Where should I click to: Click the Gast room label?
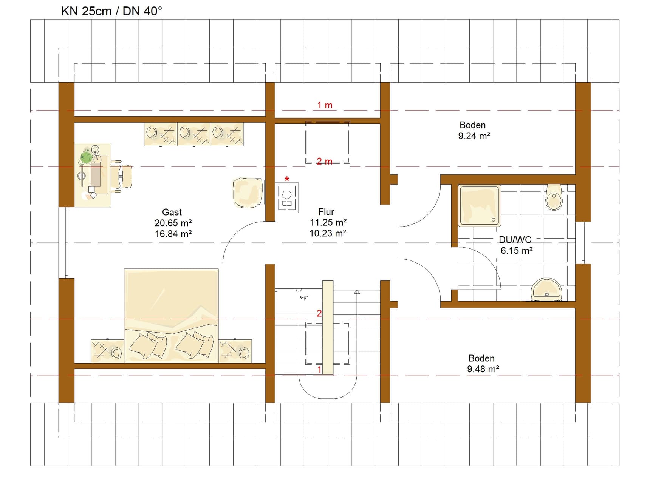pos(172,212)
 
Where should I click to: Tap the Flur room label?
pos(326,212)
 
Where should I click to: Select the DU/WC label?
pos(515,239)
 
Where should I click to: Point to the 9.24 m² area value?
pos(474,136)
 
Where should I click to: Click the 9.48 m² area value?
pos(483,369)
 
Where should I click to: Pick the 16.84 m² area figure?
pos(173,234)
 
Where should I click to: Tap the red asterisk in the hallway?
pos(287,179)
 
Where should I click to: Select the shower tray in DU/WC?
pos(479,205)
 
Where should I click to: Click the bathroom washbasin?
pos(546,290)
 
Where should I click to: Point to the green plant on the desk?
pos(87,157)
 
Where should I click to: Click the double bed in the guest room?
pos(171,316)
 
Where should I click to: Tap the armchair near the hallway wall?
pos(248,193)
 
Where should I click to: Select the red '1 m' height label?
pos(325,105)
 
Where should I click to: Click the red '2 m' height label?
pos(325,162)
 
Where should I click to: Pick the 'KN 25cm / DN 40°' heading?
pos(111,11)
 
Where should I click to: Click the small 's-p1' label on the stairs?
pos(304,297)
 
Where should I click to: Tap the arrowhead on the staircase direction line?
pos(357,292)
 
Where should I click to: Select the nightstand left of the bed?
pos(107,351)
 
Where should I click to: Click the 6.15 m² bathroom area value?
pos(517,250)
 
